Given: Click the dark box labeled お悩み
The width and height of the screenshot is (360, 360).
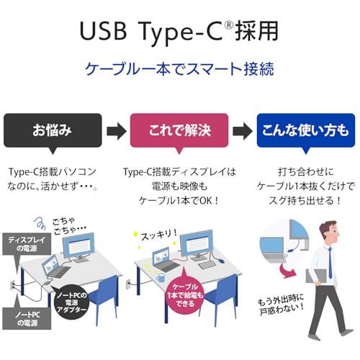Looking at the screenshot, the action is [53, 130].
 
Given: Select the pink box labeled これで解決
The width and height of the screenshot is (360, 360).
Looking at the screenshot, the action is [179, 130].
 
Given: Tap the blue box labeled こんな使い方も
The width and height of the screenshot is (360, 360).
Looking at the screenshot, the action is [306, 130].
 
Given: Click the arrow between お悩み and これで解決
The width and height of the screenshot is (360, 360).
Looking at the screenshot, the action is [117, 131].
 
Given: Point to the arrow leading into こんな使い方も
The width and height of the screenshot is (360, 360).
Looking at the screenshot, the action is [243, 131].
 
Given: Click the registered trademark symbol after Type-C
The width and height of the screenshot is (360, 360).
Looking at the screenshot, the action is [229, 25].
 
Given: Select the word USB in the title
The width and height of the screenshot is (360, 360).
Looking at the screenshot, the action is [103, 31].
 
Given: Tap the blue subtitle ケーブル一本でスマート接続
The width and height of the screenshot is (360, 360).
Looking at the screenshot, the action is [179, 69].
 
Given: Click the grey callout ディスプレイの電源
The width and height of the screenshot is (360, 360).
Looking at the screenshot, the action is [27, 244].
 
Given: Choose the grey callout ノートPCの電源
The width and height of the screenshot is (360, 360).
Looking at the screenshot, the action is [27, 319].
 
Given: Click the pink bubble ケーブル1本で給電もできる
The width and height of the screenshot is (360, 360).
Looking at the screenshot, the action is [184, 294].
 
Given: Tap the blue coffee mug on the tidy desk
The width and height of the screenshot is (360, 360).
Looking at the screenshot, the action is [161, 278].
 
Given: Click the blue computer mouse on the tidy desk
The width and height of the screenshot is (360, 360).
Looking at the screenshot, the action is [221, 261].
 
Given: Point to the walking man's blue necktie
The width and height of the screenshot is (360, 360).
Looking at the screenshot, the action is [330, 263].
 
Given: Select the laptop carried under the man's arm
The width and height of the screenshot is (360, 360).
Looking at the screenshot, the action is [315, 276].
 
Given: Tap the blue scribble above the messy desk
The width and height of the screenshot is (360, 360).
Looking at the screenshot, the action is [40, 222].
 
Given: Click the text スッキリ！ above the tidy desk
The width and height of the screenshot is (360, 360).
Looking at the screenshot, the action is [159, 235].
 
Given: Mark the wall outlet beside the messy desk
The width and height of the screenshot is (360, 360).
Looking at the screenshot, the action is [13, 285].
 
